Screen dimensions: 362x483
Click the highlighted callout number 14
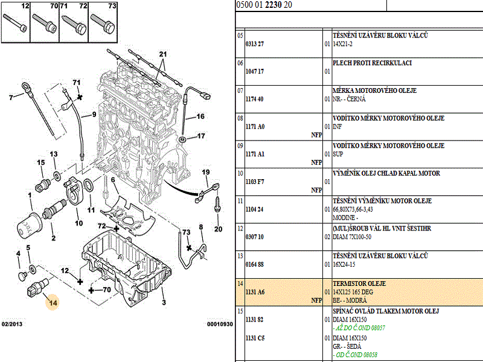point(53,303)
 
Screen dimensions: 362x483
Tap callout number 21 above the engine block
point(162,55)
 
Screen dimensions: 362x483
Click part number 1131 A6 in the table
point(255,291)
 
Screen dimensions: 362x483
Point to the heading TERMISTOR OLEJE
point(359,284)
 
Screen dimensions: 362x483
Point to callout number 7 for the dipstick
point(11,97)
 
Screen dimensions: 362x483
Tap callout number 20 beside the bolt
point(218,229)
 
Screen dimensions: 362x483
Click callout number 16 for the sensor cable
point(200,116)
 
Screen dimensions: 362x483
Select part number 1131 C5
point(255,339)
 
